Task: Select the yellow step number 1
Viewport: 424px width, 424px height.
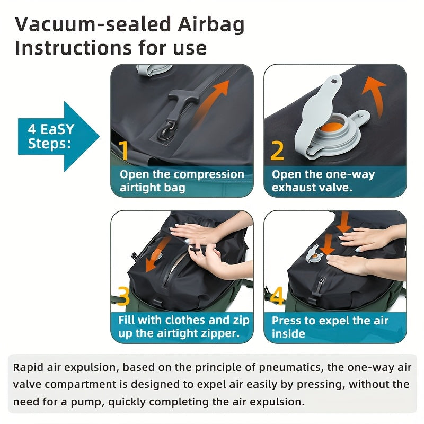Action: [124, 150]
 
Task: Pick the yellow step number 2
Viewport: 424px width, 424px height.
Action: [277, 150]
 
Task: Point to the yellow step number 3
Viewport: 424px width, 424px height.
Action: [123, 297]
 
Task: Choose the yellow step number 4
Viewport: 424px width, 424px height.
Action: [277, 297]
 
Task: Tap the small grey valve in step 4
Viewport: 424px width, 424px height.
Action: [315, 253]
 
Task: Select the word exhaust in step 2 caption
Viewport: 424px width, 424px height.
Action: [295, 188]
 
